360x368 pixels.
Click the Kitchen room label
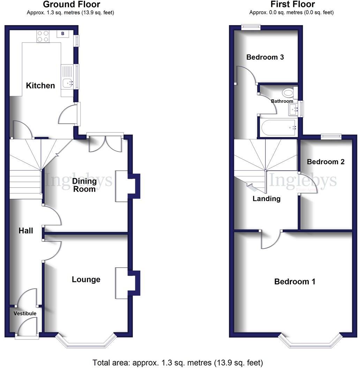coord(41,85)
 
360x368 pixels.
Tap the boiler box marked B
coord(63,33)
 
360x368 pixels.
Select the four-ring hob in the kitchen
coord(43,36)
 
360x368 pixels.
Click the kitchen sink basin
coord(67,83)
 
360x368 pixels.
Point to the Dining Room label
coord(84,185)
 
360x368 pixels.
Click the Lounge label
coord(86,279)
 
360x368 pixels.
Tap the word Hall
coord(26,230)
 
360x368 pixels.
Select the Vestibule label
coord(25,313)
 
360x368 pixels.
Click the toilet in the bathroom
coord(288,92)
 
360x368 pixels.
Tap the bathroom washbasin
coord(293,109)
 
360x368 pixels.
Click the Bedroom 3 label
coord(265,57)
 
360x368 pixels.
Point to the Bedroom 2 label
coord(325,162)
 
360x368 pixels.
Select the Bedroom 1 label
coord(295,281)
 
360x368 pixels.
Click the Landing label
coord(267,199)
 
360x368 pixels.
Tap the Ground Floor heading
coord(71,5)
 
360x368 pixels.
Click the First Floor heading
coord(293,5)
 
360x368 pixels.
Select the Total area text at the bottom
coord(178,362)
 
